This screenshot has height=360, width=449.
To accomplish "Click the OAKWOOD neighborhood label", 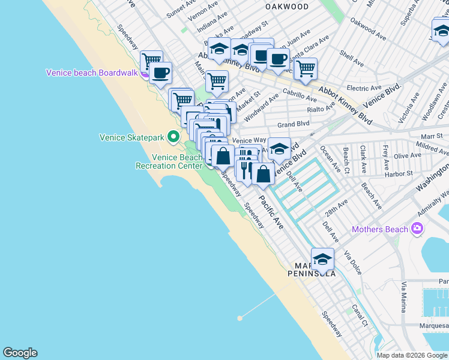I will click(287, 7).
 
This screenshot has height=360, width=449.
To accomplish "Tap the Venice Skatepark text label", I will click(131, 137).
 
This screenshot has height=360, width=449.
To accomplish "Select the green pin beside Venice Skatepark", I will click(174, 137).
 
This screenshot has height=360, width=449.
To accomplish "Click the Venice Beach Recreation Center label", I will click(168, 161).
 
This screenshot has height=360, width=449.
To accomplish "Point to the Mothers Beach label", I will click(381, 229).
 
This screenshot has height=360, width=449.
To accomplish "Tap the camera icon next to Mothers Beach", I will click(417, 229).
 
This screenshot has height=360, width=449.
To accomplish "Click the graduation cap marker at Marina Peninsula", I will click(322, 260).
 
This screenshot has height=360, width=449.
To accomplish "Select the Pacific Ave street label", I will click(271, 211).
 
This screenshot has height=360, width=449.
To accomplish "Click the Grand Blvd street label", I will click(293, 124).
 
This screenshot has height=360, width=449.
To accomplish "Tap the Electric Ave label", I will click(364, 88).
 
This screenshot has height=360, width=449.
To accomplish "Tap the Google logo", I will click(20, 353).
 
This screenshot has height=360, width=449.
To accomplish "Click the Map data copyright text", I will click(412, 355).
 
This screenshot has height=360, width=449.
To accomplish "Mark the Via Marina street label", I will click(404, 297).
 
